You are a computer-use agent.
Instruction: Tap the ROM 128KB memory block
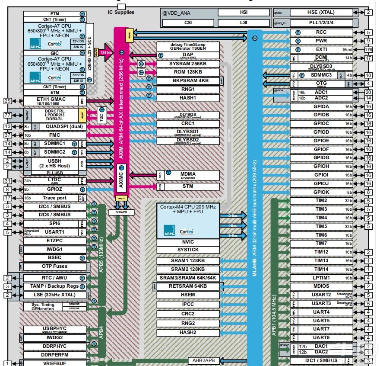tap(188, 72)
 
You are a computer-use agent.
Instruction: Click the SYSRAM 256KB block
tap(188, 64)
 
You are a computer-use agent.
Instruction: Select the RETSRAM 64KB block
tap(188, 286)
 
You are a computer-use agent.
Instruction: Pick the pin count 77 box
tap(7, 116)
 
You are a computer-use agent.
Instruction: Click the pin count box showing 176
tap(368, 49)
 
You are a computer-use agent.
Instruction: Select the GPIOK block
tap(321, 192)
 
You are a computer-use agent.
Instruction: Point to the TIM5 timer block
tap(321, 226)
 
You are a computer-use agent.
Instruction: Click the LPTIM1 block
tap(321, 278)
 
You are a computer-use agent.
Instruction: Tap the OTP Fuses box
tap(54, 266)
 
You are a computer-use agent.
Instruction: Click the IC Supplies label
tap(121, 12)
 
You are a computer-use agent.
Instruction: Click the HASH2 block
tap(188, 332)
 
